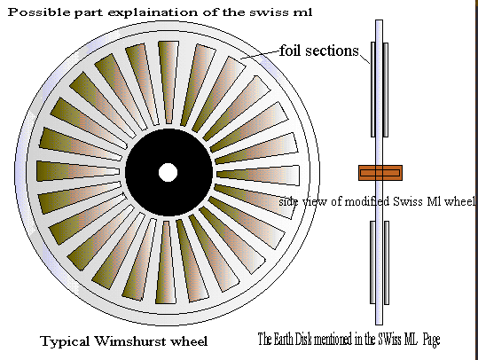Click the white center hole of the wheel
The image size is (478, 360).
168,173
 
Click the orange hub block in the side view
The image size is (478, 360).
380,173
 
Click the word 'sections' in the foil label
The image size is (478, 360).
332,51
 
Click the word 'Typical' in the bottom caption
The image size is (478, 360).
65,341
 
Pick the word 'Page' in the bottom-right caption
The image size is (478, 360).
431,340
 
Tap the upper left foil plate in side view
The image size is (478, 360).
372,90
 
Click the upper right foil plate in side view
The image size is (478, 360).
386,90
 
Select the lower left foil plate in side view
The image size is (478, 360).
372,262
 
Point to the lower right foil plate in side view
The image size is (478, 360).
387,262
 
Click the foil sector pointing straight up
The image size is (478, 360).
168,82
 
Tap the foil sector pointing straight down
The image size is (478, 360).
166,262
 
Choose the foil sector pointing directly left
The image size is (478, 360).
78,171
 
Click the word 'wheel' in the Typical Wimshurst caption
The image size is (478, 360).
189,341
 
